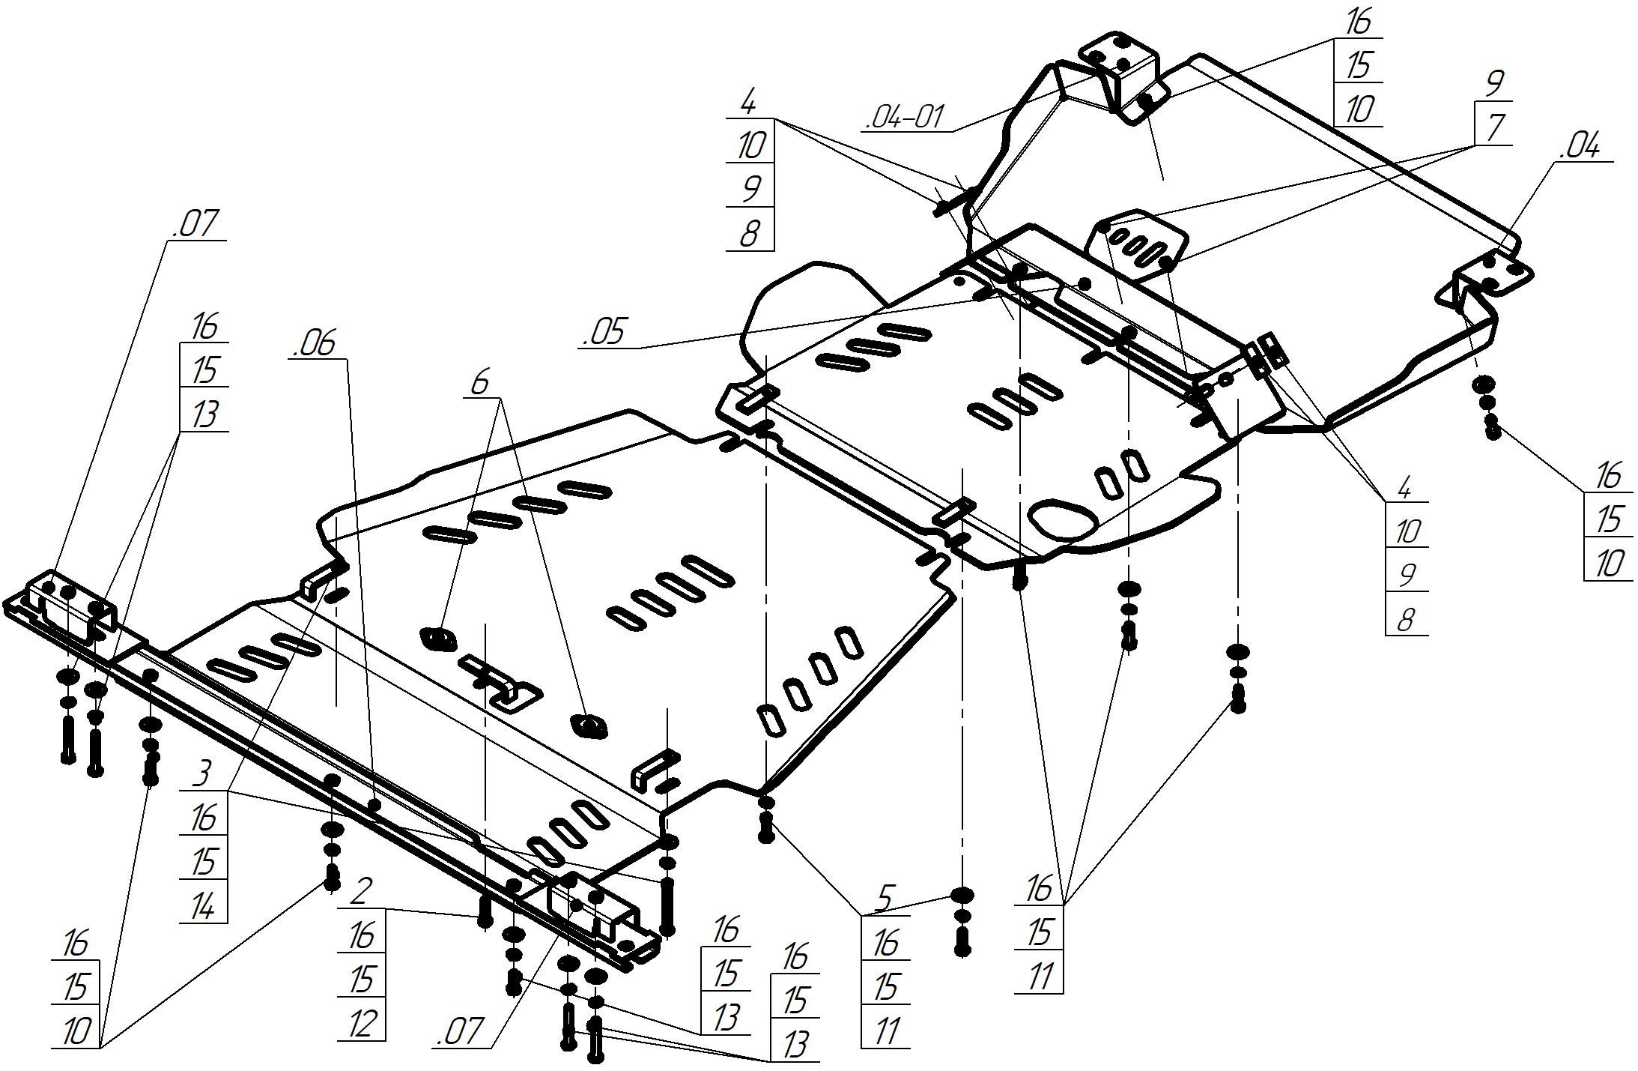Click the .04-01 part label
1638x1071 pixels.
(905, 118)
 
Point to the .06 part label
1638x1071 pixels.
(315, 344)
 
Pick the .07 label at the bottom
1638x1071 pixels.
(458, 1031)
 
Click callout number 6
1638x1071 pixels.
(479, 383)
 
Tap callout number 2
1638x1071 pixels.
(361, 892)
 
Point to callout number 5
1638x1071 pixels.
(885, 899)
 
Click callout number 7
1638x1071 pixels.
(1494, 127)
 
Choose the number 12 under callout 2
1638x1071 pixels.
(361, 1023)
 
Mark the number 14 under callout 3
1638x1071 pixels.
(203, 906)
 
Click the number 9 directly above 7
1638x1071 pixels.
(1494, 82)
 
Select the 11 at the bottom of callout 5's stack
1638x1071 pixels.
(885, 1031)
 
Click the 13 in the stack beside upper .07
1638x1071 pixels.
(204, 414)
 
